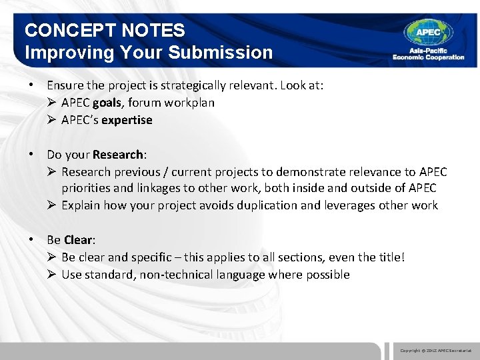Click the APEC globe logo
[x=428, y=32]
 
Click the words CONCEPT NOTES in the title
[x=105, y=30]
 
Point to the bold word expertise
[x=127, y=120]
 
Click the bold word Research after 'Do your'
[x=117, y=155]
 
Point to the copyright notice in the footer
[x=435, y=350]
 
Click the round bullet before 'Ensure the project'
[x=31, y=85]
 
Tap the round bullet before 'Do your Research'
[x=31, y=155]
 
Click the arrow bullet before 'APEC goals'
[x=52, y=103]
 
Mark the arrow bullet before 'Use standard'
[x=52, y=275]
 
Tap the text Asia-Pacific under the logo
[x=418, y=51]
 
